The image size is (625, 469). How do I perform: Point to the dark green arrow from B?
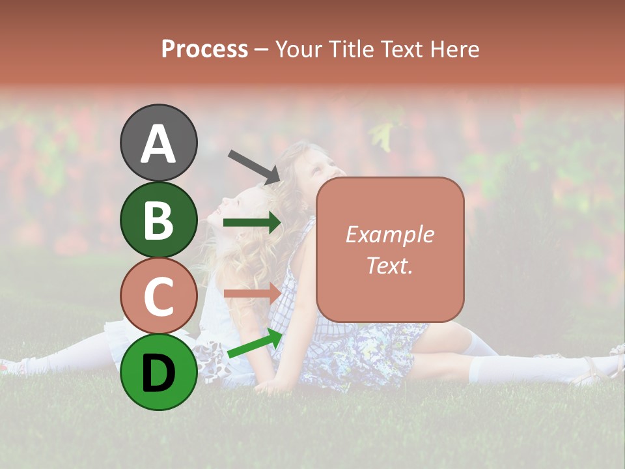252,223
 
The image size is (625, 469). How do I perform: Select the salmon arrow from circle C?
252,292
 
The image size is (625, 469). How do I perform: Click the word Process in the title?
204,50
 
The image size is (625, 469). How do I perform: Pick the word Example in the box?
390,234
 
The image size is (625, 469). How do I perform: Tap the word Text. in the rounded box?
390,265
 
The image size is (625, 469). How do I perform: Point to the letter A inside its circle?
158,144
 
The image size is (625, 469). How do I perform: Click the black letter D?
158,373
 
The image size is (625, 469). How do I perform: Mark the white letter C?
158,297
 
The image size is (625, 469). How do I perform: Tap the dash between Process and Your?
262,51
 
